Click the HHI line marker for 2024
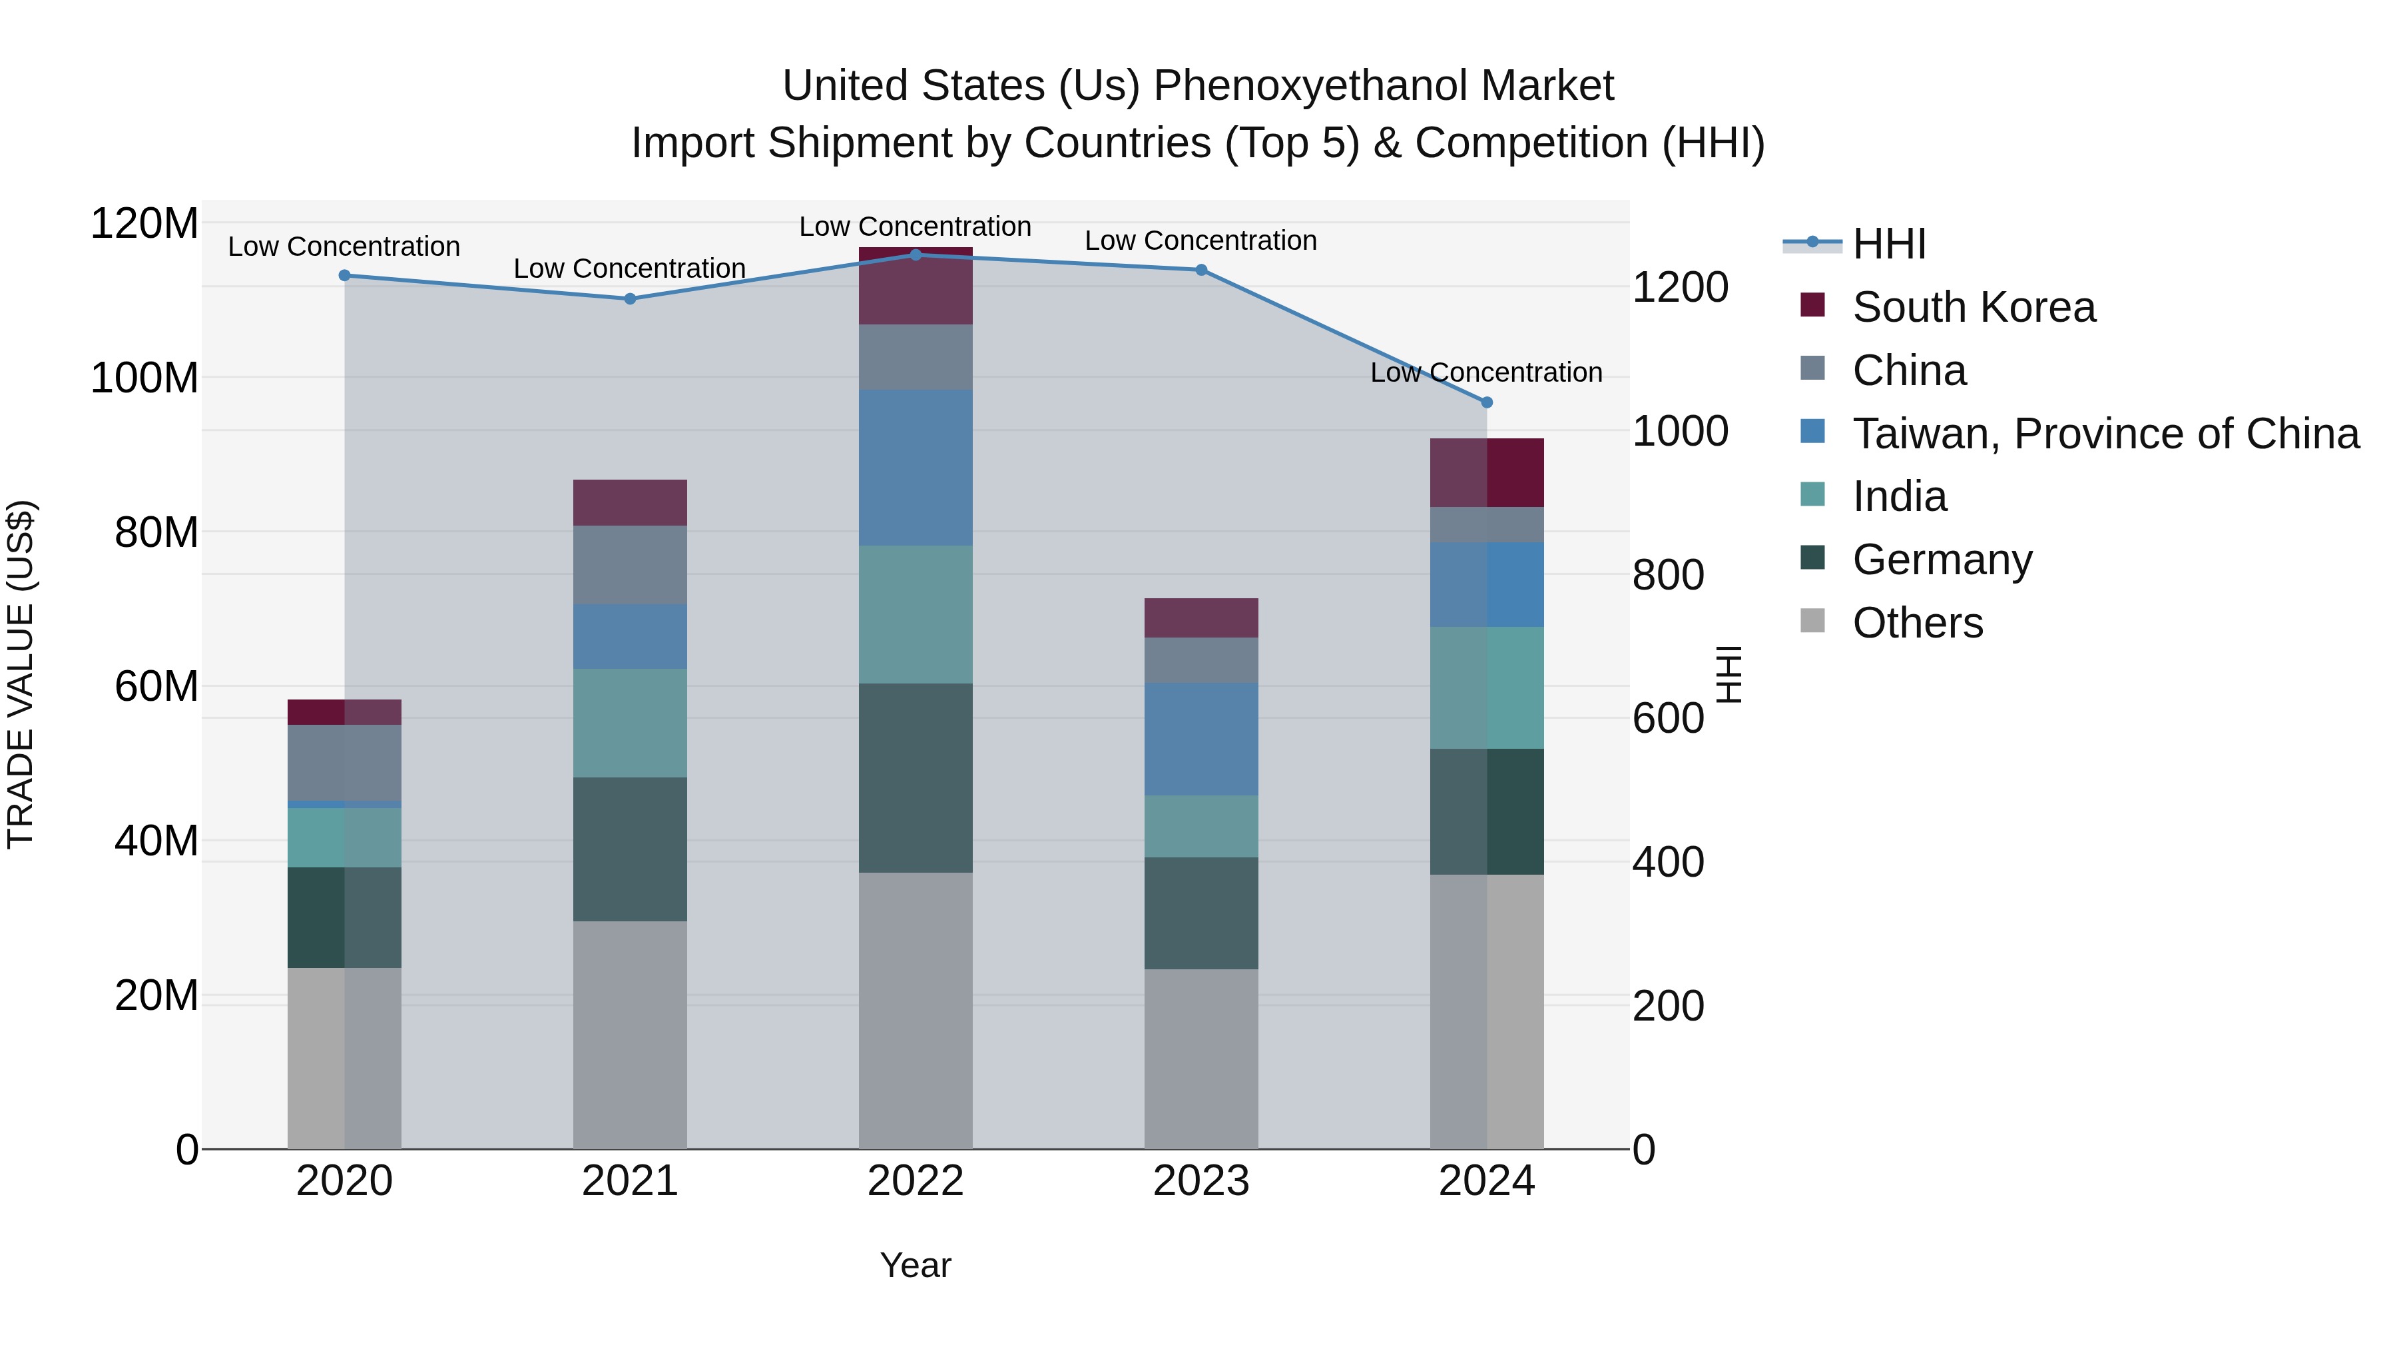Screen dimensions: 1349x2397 tap(1486, 402)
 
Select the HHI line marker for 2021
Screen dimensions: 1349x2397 tap(630, 299)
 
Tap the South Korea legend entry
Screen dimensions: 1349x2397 tap(1973, 307)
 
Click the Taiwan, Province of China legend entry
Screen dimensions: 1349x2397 tap(2105, 434)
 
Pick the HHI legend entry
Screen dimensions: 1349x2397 tap(1888, 244)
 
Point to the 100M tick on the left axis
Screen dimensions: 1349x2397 tap(144, 378)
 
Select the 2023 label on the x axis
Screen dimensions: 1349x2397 tap(1200, 1181)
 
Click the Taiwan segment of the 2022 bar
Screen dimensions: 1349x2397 tap(916, 468)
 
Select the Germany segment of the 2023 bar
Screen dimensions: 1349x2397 tap(1200, 913)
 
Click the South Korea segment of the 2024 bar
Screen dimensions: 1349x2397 tap(1486, 473)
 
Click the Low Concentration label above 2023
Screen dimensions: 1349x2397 tap(1200, 241)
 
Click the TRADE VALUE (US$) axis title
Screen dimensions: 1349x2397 tap(21, 674)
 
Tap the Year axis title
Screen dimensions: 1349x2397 tap(916, 1265)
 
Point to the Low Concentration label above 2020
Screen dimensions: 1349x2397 tap(344, 246)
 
